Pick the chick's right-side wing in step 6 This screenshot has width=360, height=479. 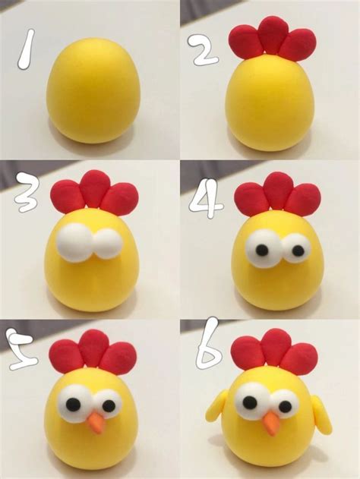tap(324, 414)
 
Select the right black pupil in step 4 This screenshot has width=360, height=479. tap(291, 247)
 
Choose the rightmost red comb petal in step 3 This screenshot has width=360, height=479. tap(120, 199)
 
